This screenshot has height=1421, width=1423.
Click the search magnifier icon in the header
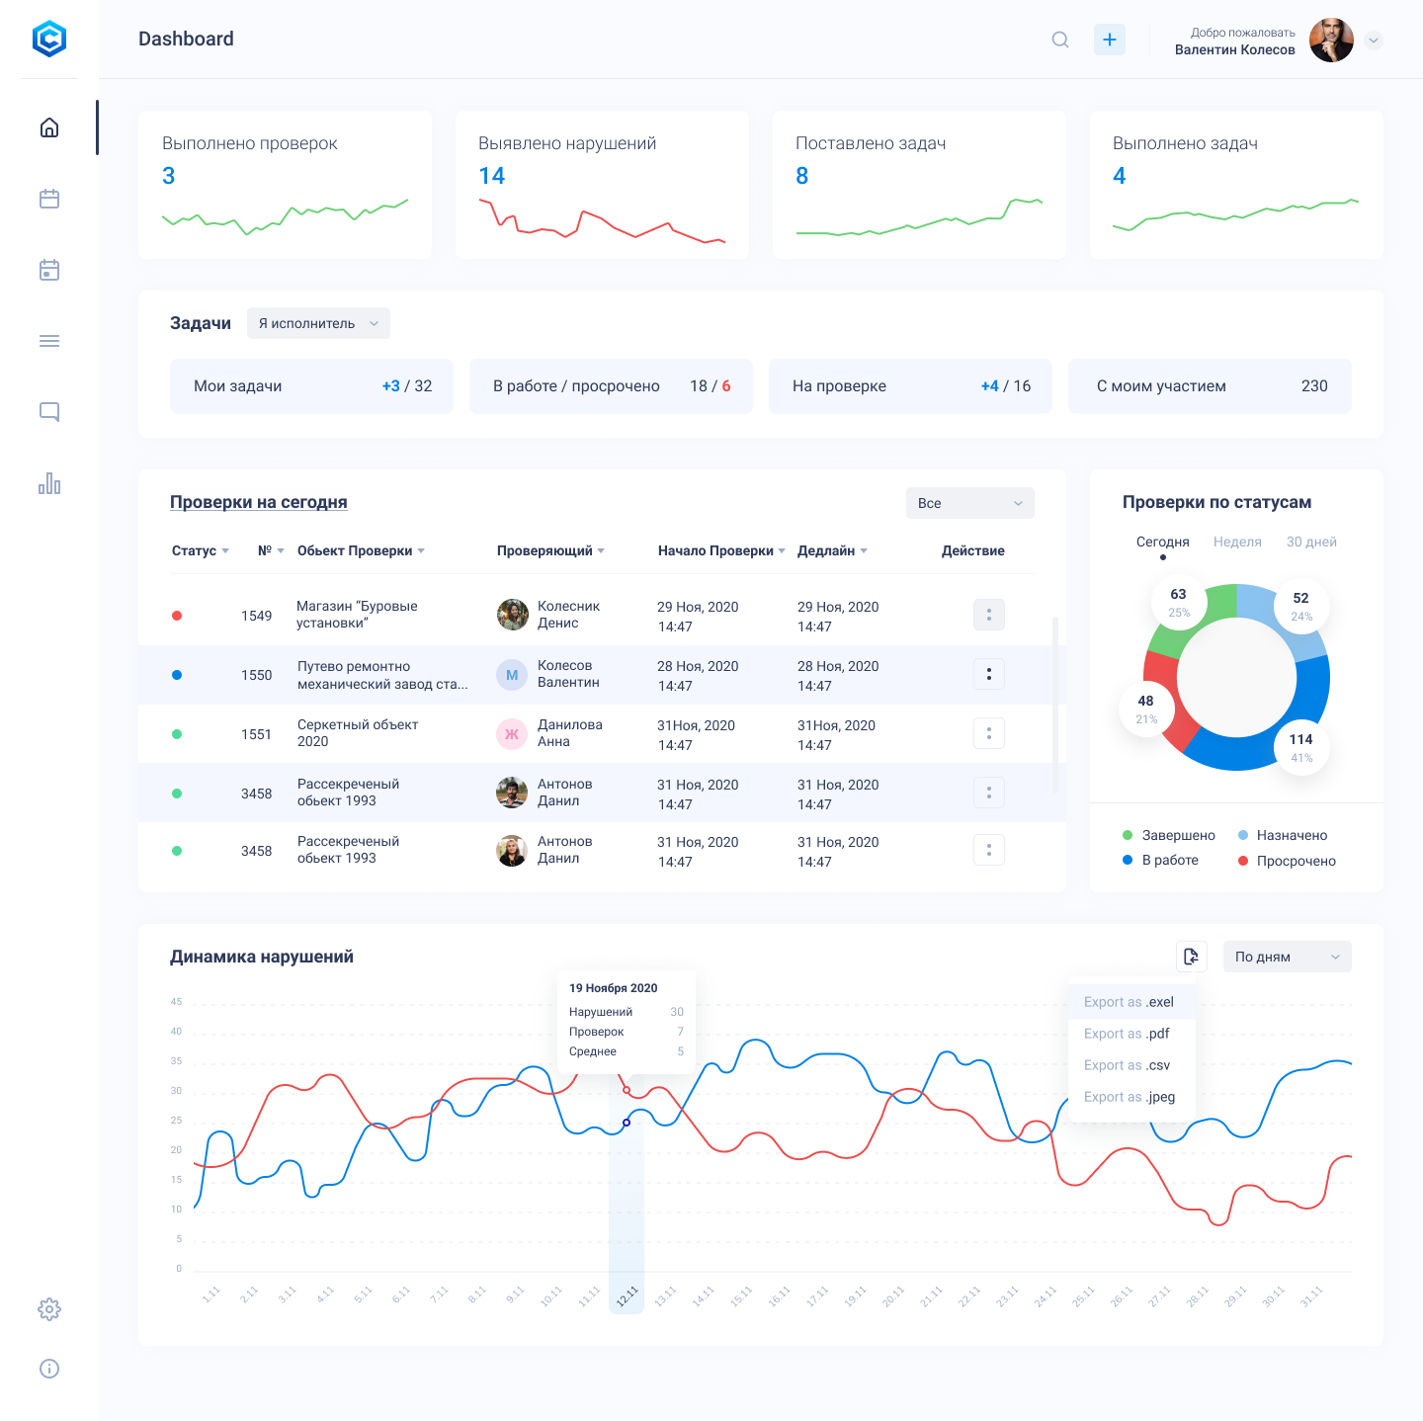[x=1060, y=40]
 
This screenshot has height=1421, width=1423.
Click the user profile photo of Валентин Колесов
[x=1331, y=41]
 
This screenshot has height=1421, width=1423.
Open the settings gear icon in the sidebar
[x=49, y=1309]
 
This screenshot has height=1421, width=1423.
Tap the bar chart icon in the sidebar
[x=49, y=483]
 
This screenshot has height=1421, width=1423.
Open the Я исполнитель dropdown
[x=318, y=323]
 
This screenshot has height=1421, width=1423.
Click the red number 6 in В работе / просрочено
[x=726, y=386]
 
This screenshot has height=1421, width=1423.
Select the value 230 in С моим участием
[x=1314, y=386]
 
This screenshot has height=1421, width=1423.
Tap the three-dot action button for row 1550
[x=989, y=674]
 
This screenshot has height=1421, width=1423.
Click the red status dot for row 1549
[x=177, y=616]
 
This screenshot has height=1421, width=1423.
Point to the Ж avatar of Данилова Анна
[x=512, y=734]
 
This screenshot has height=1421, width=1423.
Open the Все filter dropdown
[x=969, y=503]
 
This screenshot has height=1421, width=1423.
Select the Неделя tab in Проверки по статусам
[x=1237, y=542]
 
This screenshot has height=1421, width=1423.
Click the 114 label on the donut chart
[x=1300, y=740]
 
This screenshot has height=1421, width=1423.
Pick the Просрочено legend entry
[x=1296, y=861]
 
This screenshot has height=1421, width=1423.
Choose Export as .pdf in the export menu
[x=1127, y=1034]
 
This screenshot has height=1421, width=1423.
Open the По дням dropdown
[x=1287, y=957]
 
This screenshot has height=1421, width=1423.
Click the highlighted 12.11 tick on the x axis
[x=627, y=1296]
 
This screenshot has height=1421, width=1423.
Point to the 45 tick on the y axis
[x=176, y=1002]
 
